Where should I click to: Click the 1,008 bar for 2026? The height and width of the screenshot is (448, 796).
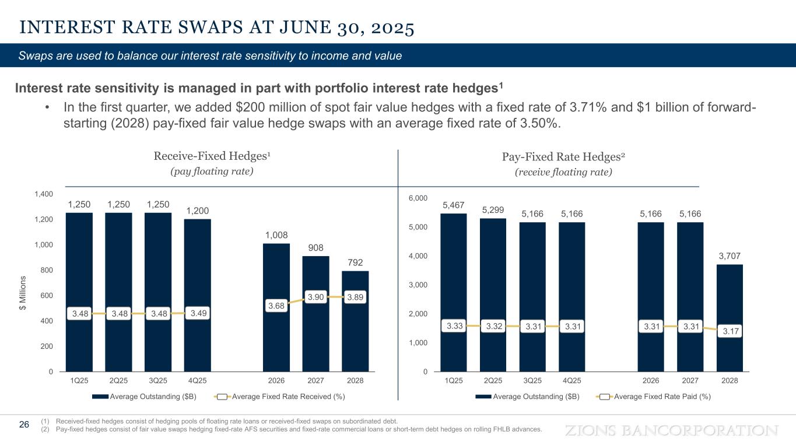coord(276,274)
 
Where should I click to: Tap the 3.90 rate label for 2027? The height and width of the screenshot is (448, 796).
coord(315,297)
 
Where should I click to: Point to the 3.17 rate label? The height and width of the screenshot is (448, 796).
coord(730,331)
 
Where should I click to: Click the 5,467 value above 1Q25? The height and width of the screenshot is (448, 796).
coord(454,205)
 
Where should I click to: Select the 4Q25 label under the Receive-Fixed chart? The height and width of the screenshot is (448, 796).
coord(197,380)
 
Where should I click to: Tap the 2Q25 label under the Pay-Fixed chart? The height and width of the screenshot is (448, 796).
coord(493,380)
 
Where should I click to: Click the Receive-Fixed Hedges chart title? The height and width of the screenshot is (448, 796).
coord(212,156)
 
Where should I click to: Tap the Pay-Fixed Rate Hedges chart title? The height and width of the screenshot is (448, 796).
coord(563,156)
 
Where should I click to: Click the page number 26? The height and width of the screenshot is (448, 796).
coord(24,424)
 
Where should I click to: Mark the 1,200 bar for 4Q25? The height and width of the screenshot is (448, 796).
coord(197,295)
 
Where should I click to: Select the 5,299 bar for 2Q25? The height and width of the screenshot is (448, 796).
coord(493,295)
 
